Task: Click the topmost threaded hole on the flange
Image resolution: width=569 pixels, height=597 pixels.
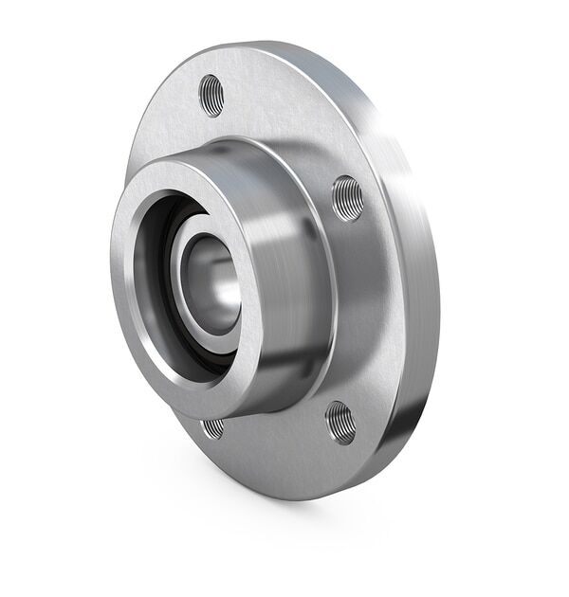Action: click(x=211, y=95)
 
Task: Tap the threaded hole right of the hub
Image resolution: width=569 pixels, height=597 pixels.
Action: click(x=347, y=198)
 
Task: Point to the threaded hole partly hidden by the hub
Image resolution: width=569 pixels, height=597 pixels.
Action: click(x=214, y=428)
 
